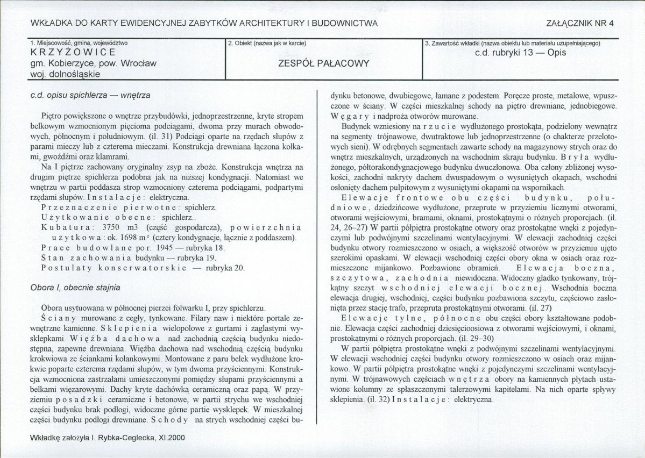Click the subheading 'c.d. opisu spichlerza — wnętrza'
[90, 96]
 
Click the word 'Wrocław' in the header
[139, 63]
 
